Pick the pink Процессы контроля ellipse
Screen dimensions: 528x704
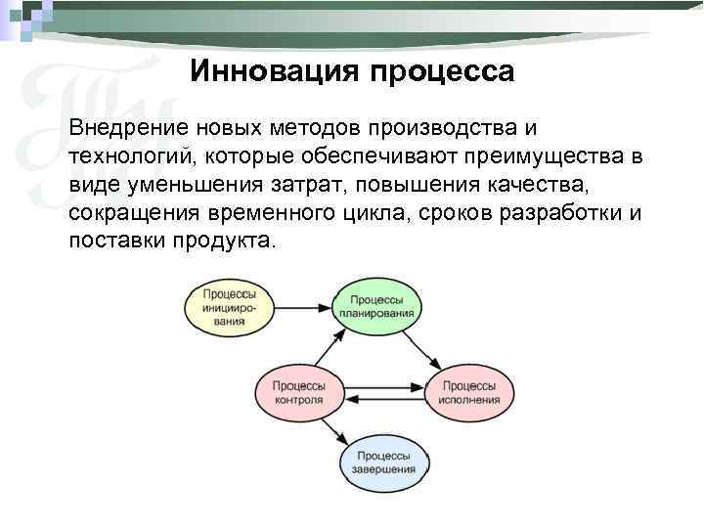click(299, 393)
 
